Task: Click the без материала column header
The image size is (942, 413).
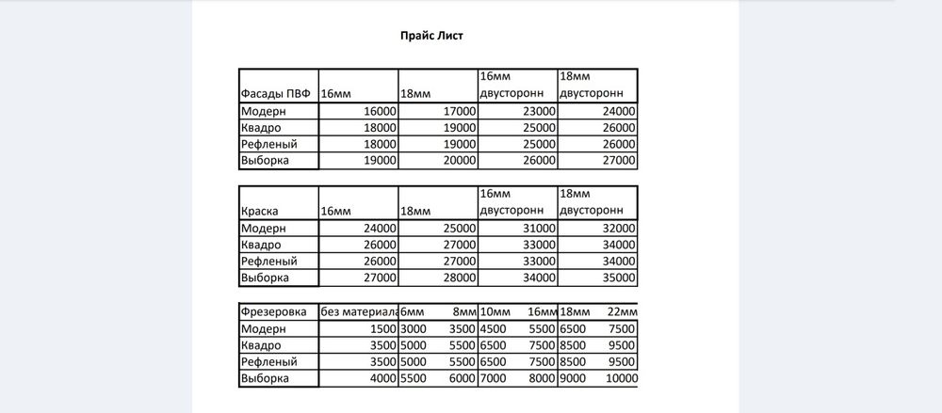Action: coord(358,312)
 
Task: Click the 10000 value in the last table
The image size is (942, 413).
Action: coord(621,378)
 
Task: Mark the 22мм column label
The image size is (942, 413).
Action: coord(623,312)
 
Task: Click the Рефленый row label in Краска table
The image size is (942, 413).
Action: coord(269,262)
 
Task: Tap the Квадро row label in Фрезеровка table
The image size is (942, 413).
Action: coord(263,345)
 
